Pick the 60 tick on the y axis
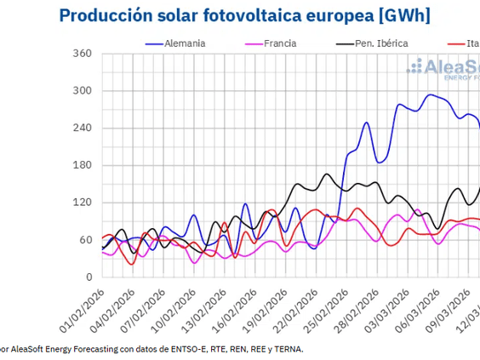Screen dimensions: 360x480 83,240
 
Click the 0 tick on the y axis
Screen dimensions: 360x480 87,277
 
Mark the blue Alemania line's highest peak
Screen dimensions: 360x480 431,94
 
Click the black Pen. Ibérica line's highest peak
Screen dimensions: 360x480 327,174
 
